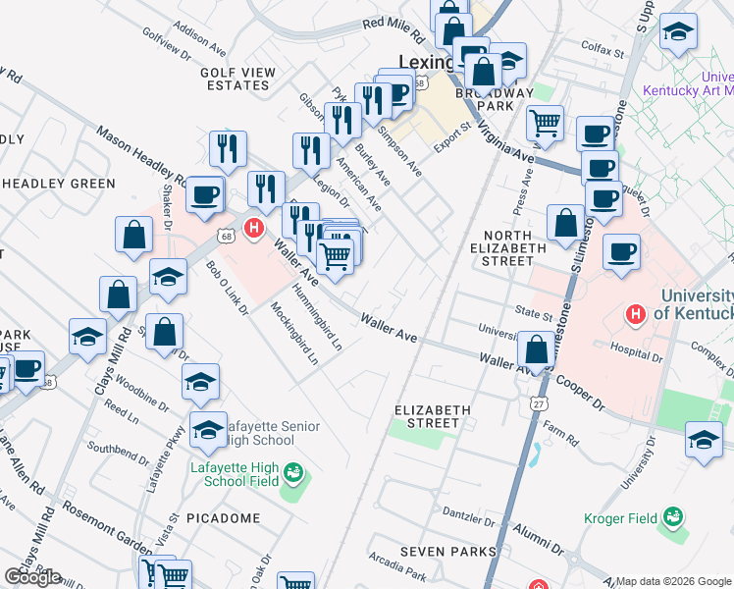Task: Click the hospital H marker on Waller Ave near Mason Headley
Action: point(254,229)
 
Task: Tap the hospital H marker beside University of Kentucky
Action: point(635,314)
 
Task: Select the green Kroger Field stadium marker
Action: point(672,515)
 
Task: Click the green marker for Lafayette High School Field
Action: point(291,475)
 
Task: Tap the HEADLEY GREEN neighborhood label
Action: point(59,184)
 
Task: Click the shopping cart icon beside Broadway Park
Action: point(545,124)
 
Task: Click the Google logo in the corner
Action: point(32,577)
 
